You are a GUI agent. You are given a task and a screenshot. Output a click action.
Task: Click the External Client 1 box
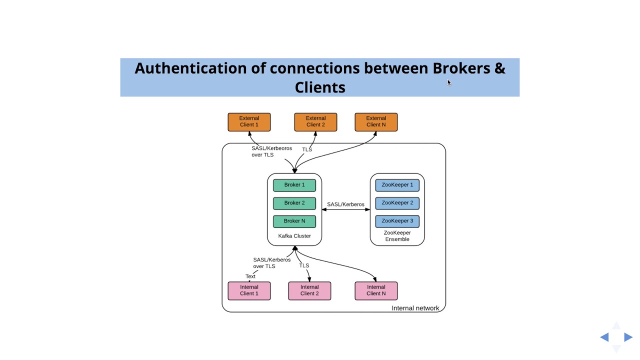coord(249,122)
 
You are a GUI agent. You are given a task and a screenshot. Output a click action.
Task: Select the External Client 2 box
coord(315,122)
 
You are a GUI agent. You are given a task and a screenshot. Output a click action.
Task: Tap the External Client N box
coord(376,122)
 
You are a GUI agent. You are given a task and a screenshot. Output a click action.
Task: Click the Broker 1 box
coord(294,185)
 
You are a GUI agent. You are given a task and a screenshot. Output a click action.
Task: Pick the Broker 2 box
coord(294,203)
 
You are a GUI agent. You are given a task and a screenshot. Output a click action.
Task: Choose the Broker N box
coord(294,221)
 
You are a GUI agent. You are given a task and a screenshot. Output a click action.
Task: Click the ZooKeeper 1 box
coord(397,185)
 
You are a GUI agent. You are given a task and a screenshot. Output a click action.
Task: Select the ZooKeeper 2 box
coord(397,203)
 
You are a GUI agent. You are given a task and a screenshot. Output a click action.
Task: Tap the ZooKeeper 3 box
coord(397,221)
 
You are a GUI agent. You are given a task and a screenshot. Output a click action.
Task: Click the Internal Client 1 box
coord(249,290)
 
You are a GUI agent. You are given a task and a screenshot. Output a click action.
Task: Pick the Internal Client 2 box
coord(309,290)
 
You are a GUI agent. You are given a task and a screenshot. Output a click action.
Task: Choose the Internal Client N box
coord(376,290)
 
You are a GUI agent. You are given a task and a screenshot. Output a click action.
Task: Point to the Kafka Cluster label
coord(294,236)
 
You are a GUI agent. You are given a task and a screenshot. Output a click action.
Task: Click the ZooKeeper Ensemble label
coord(397,236)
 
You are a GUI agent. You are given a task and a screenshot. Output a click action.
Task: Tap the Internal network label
coord(415,308)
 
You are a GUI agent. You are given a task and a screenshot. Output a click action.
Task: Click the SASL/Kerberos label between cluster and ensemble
coord(345,204)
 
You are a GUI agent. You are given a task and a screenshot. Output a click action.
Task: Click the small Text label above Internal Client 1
coord(250,276)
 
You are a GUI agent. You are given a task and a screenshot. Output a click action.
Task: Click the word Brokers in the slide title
coord(461,68)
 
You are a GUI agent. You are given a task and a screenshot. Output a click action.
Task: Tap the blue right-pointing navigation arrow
coord(628,337)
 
